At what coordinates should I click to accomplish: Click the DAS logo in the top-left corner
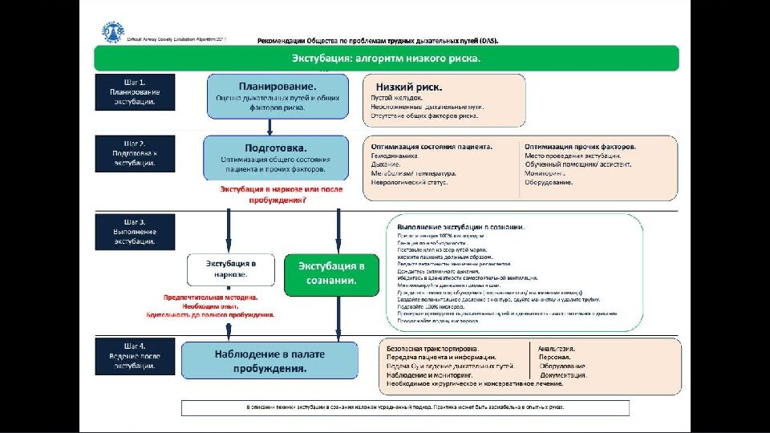click(x=113, y=32)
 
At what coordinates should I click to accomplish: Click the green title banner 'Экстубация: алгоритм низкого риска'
click(x=386, y=59)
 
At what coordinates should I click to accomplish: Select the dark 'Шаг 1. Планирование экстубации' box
click(x=134, y=91)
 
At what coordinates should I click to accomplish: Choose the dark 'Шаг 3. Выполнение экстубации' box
click(x=134, y=231)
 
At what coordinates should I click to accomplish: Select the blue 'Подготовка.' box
click(x=276, y=157)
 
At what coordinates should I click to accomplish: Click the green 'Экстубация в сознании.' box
click(x=331, y=274)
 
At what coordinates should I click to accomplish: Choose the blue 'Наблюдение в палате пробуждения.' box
click(x=269, y=361)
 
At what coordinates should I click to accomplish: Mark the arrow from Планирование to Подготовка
click(x=269, y=127)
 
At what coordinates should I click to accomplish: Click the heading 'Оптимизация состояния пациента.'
click(x=432, y=147)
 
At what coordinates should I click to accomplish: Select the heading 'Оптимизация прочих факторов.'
click(x=580, y=147)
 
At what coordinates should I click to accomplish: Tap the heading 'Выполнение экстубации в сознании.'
click(x=462, y=227)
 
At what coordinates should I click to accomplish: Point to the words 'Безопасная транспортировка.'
click(x=432, y=349)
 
